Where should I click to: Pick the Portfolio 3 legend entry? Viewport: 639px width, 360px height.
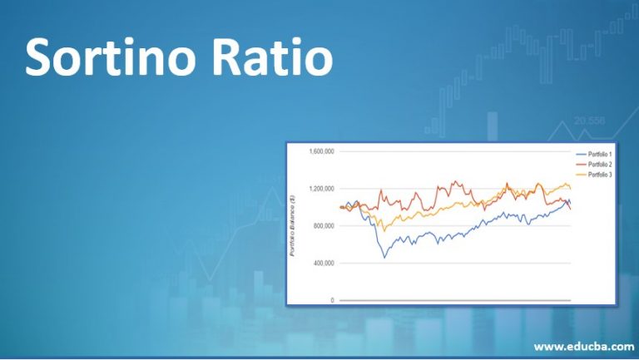[600, 175]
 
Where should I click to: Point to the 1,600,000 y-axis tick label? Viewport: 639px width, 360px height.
[321, 151]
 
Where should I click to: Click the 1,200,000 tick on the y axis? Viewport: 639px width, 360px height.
[321, 189]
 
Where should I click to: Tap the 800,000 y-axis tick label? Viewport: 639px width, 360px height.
[324, 226]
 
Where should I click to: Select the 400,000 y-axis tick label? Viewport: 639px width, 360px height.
[324, 263]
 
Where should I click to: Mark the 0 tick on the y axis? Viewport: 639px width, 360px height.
[332, 300]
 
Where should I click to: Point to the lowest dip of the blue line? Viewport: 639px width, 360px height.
[384, 257]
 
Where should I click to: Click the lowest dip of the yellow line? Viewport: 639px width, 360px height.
[384, 229]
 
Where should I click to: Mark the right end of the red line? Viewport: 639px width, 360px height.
[571, 209]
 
